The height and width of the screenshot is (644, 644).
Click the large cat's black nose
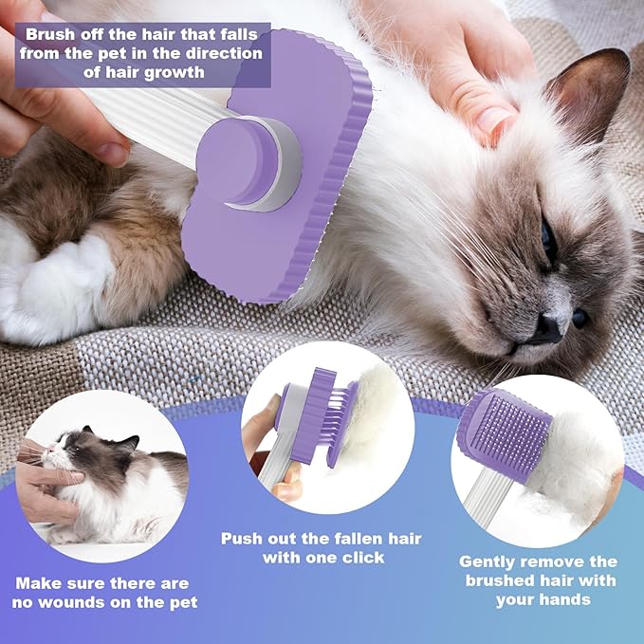[x=547, y=327]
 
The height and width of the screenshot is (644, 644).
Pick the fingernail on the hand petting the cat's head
[x=493, y=120]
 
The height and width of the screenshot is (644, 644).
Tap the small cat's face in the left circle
[x=71, y=450]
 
